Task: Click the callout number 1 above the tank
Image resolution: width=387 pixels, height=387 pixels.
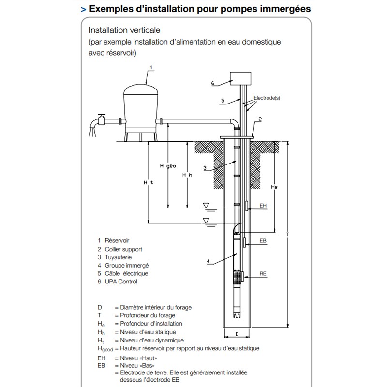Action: tap(151, 67)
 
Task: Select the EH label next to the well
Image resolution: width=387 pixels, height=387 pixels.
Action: tap(263, 206)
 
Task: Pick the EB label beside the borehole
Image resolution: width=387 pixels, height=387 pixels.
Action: tap(263, 240)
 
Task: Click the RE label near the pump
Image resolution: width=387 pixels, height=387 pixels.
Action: tap(263, 274)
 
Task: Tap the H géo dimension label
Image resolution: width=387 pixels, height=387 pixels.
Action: tap(167, 165)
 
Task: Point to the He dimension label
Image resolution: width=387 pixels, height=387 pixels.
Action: tap(274, 186)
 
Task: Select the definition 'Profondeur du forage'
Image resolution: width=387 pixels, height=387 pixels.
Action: tap(145, 315)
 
